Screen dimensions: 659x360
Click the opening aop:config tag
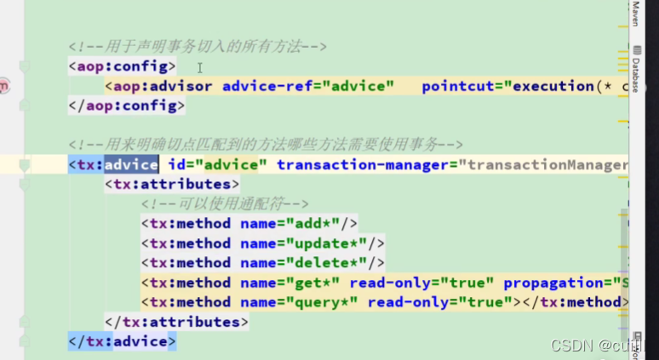(122, 66)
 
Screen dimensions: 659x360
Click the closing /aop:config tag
(126, 106)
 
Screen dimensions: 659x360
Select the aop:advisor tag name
(163, 86)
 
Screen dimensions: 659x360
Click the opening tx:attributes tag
(172, 184)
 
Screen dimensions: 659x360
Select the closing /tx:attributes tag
(176, 322)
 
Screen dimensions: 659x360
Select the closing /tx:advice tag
(122, 341)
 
